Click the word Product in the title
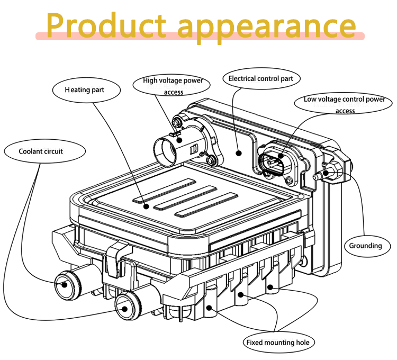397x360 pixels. (106, 25)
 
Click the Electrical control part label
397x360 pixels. (261, 78)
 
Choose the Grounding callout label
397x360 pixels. (367, 246)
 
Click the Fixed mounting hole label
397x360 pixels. (278, 343)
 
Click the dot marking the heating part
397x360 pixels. (146, 206)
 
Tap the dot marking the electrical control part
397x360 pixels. (239, 153)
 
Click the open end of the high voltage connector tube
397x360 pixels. (165, 152)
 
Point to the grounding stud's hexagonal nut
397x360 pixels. (333, 172)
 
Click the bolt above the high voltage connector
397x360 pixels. (176, 122)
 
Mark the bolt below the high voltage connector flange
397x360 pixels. (210, 160)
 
